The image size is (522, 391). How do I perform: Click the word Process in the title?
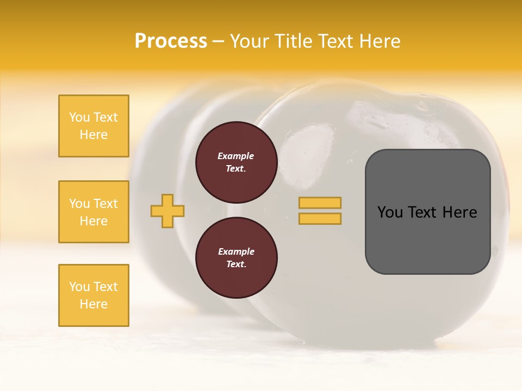click(171, 41)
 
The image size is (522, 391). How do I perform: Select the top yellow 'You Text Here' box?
click(94, 126)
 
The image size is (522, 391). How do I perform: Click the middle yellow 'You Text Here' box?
click(94, 212)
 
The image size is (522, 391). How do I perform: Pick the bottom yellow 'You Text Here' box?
click(94, 295)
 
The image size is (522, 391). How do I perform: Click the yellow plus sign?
click(167, 211)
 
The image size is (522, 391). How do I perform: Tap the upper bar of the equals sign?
click(320, 203)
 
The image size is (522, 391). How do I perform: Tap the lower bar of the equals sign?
click(320, 219)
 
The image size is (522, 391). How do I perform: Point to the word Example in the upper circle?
click(236, 156)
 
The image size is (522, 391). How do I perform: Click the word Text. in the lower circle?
click(236, 264)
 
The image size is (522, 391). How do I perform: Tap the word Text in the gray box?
click(422, 212)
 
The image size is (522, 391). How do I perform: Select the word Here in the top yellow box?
click(94, 135)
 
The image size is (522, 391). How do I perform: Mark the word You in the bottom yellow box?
click(79, 287)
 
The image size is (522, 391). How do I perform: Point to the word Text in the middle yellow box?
click(105, 204)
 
